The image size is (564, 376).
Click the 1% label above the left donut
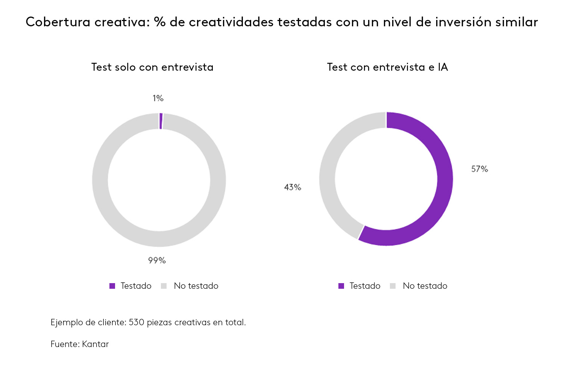pos(158,98)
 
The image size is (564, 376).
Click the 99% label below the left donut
pos(157,260)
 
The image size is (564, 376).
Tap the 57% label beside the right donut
pos(479,169)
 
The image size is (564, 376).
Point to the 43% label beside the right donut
pos(293,187)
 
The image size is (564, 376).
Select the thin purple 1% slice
pos(161,121)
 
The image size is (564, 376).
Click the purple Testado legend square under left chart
pos(112,286)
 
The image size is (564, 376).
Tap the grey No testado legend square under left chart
pos(164,286)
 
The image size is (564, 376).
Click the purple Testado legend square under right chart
pos(341,286)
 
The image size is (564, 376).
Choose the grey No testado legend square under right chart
pos(393,286)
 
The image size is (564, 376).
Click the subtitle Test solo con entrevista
pos(152,67)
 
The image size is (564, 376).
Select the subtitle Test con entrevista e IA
pos(387,67)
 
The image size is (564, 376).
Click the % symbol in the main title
pos(159,22)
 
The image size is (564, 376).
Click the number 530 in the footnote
pos(136,322)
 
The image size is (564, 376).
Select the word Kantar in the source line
pos(96,344)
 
